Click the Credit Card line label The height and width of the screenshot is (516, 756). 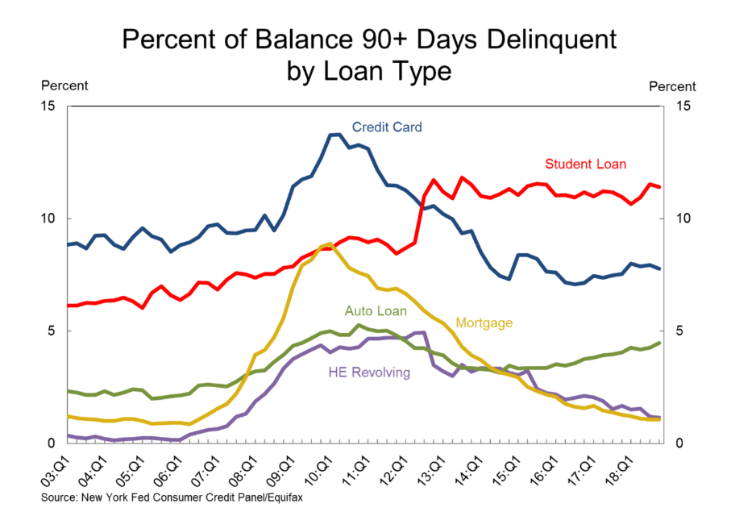pos(386,127)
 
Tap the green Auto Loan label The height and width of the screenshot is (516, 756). pos(376,310)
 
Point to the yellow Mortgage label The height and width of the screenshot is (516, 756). pos(484,322)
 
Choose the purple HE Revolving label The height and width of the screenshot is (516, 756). pos(369,372)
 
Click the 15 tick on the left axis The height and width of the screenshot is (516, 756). pos(50,106)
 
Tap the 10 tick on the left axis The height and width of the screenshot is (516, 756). pos(50,218)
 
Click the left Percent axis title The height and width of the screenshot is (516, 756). pos(64,86)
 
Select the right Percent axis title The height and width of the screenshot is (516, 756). pos(672,86)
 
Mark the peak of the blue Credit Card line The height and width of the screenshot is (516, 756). pos(334,135)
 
